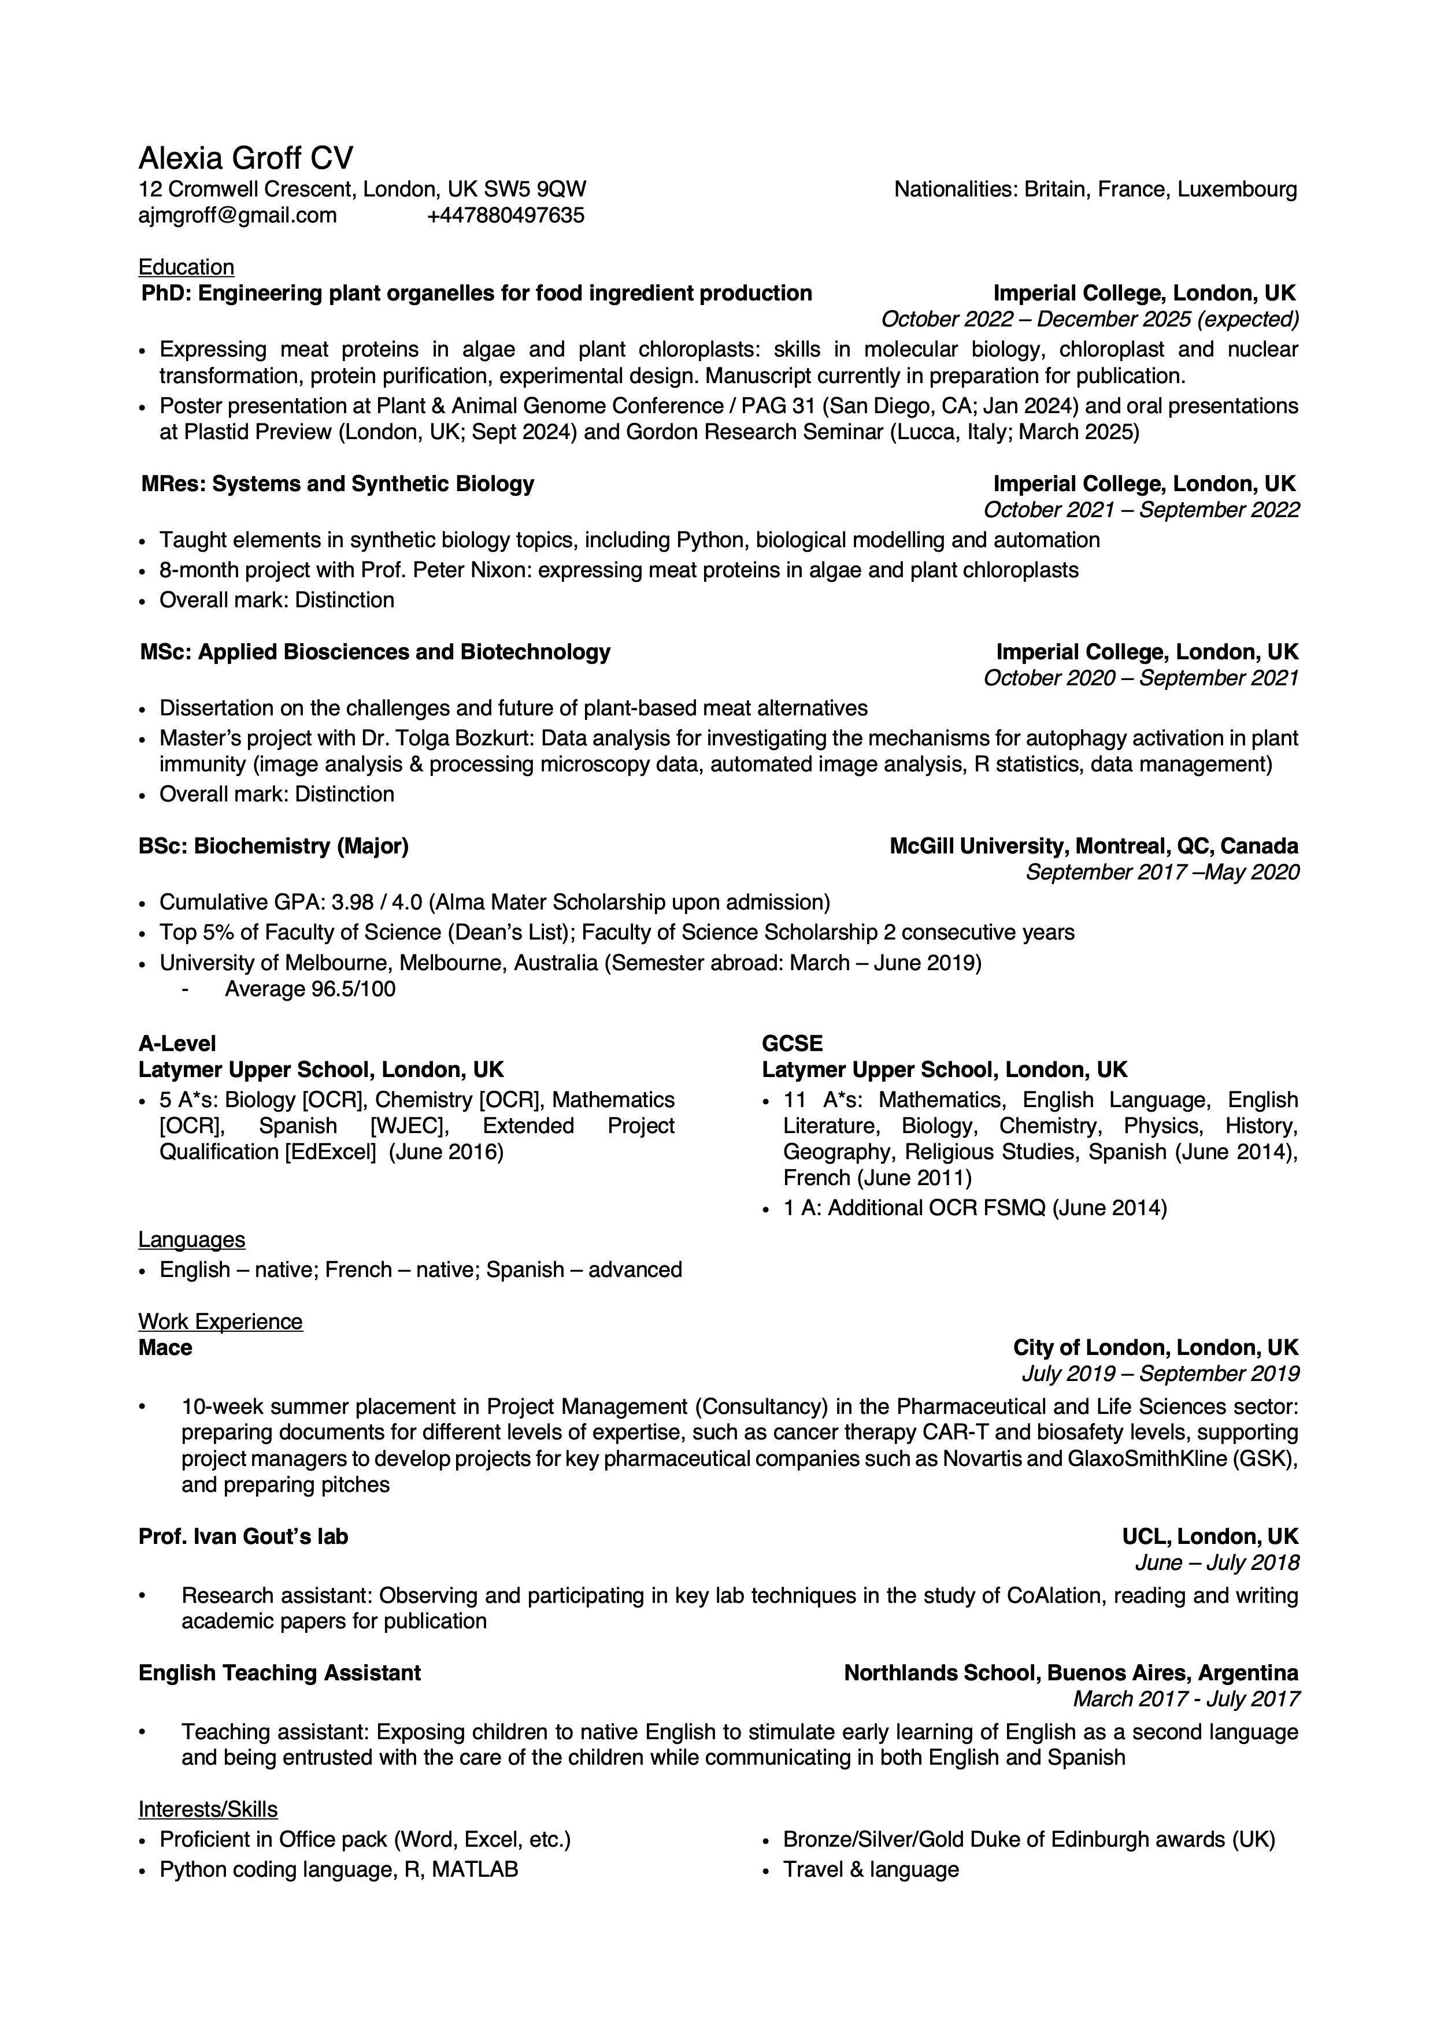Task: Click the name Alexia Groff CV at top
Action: click(x=246, y=159)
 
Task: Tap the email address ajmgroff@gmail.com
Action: click(x=238, y=216)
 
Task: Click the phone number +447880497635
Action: click(x=505, y=216)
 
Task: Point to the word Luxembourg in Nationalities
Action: click(x=1237, y=190)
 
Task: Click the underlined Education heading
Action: click(x=186, y=268)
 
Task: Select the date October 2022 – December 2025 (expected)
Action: click(x=1090, y=319)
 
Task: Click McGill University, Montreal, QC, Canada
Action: click(x=1093, y=847)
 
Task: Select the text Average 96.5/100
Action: click(x=310, y=989)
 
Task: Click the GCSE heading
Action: click(x=791, y=1044)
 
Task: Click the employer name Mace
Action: click(x=165, y=1347)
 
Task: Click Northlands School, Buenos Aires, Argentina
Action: click(x=1070, y=1673)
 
